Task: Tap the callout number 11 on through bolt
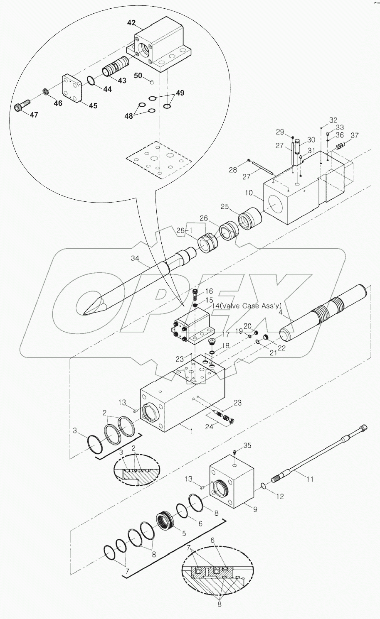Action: click(x=309, y=479)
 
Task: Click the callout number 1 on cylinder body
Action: click(x=192, y=431)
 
